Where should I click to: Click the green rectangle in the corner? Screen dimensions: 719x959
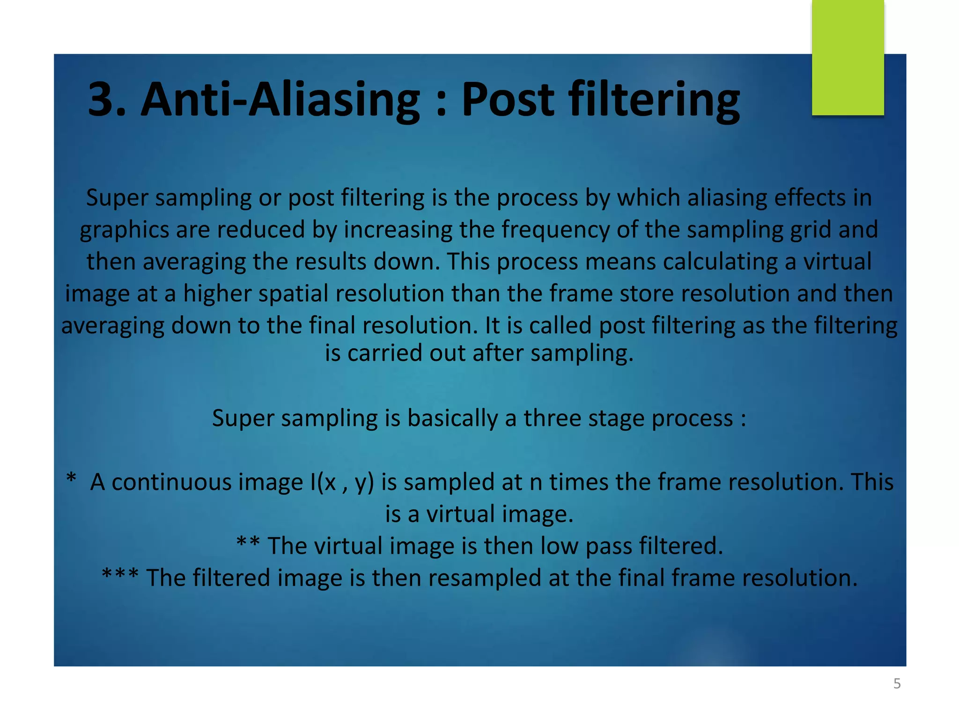(x=848, y=57)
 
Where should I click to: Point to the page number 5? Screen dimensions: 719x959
(x=897, y=684)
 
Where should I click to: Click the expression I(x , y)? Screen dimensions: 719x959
(x=342, y=482)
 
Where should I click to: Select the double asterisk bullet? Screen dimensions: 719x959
(x=248, y=543)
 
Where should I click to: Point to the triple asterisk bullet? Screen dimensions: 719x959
(x=120, y=575)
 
